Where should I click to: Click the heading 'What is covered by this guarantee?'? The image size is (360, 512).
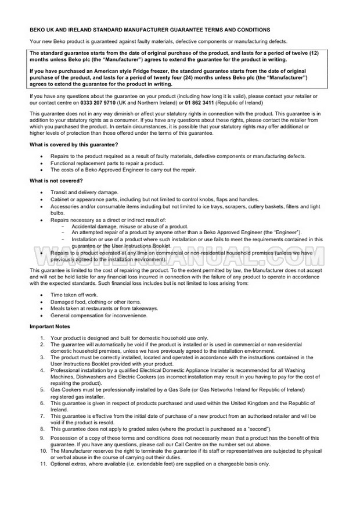pyautogui.click(x=74, y=144)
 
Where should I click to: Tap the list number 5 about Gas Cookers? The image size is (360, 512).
pyautogui.click(x=42, y=390)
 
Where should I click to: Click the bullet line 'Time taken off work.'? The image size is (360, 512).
pyautogui.click(x=74, y=295)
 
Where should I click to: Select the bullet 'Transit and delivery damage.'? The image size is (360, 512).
pyautogui.click(x=84, y=192)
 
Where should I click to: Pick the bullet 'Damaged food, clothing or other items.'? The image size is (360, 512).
pyautogui.click(x=96, y=302)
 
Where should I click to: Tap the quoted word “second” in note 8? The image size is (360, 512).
pyautogui.click(x=257, y=429)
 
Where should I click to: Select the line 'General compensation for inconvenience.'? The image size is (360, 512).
pyautogui.click(x=99, y=316)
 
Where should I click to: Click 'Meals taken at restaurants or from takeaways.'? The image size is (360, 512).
pyautogui.click(x=104, y=309)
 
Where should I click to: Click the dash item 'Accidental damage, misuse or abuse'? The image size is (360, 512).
pyautogui.click(x=129, y=226)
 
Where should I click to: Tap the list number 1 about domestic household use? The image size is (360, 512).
pyautogui.click(x=42, y=338)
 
